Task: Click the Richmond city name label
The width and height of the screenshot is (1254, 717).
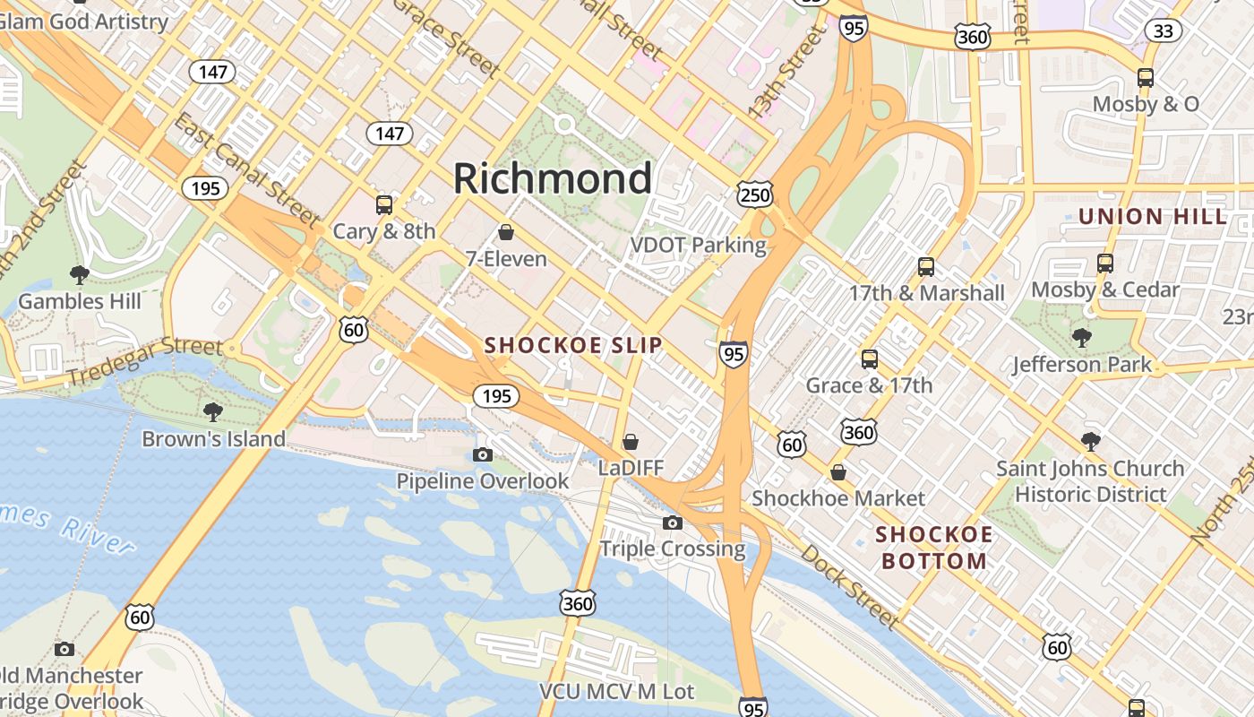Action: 553,178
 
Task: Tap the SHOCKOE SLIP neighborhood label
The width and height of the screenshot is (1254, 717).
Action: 573,345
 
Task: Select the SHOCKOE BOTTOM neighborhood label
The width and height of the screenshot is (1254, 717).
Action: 934,549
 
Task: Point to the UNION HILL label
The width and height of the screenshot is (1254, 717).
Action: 1153,216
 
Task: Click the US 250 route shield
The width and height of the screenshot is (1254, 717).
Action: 754,194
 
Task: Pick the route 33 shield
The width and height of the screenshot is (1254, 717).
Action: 1163,31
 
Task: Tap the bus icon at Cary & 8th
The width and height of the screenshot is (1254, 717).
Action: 384,204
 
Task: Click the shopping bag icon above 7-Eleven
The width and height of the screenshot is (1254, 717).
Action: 506,233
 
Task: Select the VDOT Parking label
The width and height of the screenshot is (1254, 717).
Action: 699,246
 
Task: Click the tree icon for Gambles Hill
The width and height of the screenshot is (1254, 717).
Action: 80,274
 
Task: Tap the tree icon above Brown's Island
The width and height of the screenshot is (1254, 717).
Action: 212,412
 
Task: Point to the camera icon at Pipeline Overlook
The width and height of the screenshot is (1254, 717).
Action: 483,455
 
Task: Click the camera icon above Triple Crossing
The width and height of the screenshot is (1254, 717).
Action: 673,523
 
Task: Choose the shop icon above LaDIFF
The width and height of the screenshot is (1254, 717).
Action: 631,442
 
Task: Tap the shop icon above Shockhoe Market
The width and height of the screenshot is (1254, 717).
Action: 838,472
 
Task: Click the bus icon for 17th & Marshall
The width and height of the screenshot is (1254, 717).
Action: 926,266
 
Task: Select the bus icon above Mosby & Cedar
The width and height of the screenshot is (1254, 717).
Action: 1105,263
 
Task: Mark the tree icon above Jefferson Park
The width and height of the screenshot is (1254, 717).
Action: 1082,338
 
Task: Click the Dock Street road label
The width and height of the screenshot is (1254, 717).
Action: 849,586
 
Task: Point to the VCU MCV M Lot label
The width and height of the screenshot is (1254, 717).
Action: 617,692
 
